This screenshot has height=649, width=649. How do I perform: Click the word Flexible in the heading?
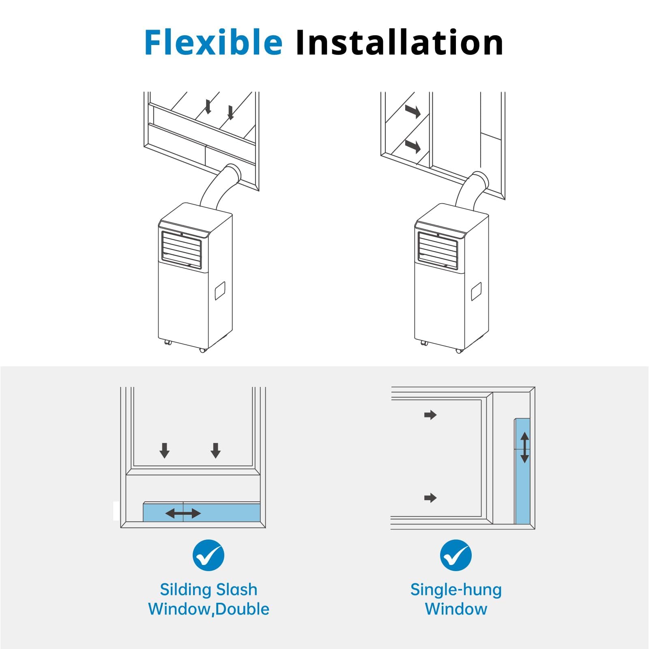pos(213,42)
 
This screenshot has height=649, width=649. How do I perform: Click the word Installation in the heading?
pos(400,42)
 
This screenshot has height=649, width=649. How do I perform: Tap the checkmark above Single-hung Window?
pos(456,555)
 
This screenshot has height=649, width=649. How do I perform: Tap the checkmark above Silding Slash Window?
pos(208,555)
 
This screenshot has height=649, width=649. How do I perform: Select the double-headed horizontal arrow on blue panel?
pos(183,514)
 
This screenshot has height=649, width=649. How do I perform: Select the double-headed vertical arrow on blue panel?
pos(524,447)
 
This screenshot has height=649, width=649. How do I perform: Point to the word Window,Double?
pos(208,609)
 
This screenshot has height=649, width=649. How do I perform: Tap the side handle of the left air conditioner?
pos(220,291)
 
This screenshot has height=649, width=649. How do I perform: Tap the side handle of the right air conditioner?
pos(476,292)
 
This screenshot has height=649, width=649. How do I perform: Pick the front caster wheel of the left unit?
pos(203,350)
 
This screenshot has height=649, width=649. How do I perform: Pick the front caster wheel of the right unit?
pos(459,350)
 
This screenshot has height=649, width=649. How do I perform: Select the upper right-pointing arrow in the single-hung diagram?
pos(430,415)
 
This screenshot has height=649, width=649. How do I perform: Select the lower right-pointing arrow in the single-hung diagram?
pos(430,498)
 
